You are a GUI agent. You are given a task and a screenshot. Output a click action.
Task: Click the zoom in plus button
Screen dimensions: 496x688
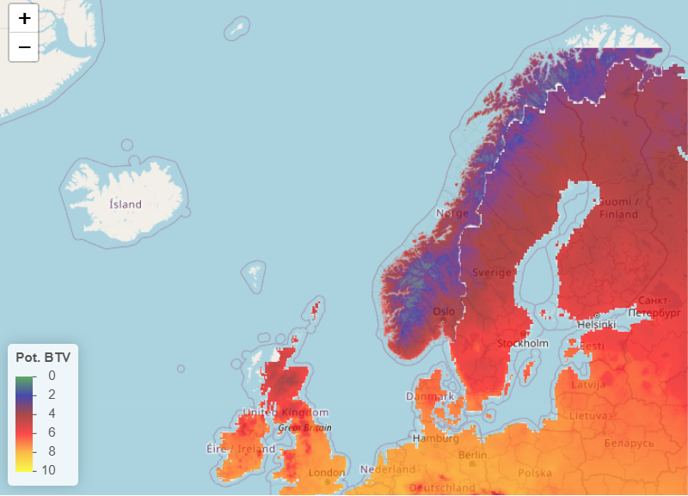[24, 18]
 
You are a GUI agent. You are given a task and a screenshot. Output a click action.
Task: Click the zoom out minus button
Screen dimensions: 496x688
[24, 47]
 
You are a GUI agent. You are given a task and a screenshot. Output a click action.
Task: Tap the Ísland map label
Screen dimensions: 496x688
[126, 205]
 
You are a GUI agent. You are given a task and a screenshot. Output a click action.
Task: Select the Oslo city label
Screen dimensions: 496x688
[444, 311]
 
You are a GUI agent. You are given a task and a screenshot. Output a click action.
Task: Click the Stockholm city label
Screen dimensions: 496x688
[523, 344]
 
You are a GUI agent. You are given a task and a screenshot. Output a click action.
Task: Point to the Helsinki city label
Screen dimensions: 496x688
[597, 324]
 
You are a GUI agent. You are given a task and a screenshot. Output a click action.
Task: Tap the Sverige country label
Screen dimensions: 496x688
[491, 272]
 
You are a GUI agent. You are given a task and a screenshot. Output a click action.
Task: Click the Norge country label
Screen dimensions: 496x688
[452, 213]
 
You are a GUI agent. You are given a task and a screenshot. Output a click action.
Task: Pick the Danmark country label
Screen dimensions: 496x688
[430, 396]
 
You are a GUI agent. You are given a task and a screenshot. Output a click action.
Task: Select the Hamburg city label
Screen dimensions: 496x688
[435, 438]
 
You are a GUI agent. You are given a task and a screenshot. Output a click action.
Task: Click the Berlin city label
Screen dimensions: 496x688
[473, 455]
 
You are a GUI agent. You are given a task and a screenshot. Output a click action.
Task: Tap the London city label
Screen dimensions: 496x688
[327, 473]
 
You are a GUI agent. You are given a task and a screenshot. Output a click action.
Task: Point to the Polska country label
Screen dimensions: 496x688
[535, 473]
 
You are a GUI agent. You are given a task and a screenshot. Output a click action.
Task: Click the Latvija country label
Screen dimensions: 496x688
[589, 384]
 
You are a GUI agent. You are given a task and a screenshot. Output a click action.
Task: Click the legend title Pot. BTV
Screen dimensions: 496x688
[43, 356]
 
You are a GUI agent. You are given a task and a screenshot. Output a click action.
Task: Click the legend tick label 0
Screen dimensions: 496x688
[52, 376]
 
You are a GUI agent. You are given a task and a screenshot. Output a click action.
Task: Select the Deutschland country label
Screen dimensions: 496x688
[443, 487]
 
